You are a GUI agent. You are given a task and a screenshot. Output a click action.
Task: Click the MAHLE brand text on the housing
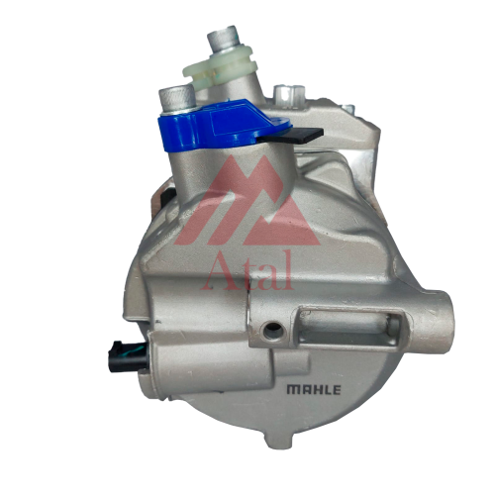point(314,390)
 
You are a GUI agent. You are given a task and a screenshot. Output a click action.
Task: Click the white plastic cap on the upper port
point(220,67)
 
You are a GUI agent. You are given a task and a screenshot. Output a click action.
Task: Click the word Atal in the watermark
point(247,270)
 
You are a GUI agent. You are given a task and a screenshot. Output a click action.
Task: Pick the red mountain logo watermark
point(247,201)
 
